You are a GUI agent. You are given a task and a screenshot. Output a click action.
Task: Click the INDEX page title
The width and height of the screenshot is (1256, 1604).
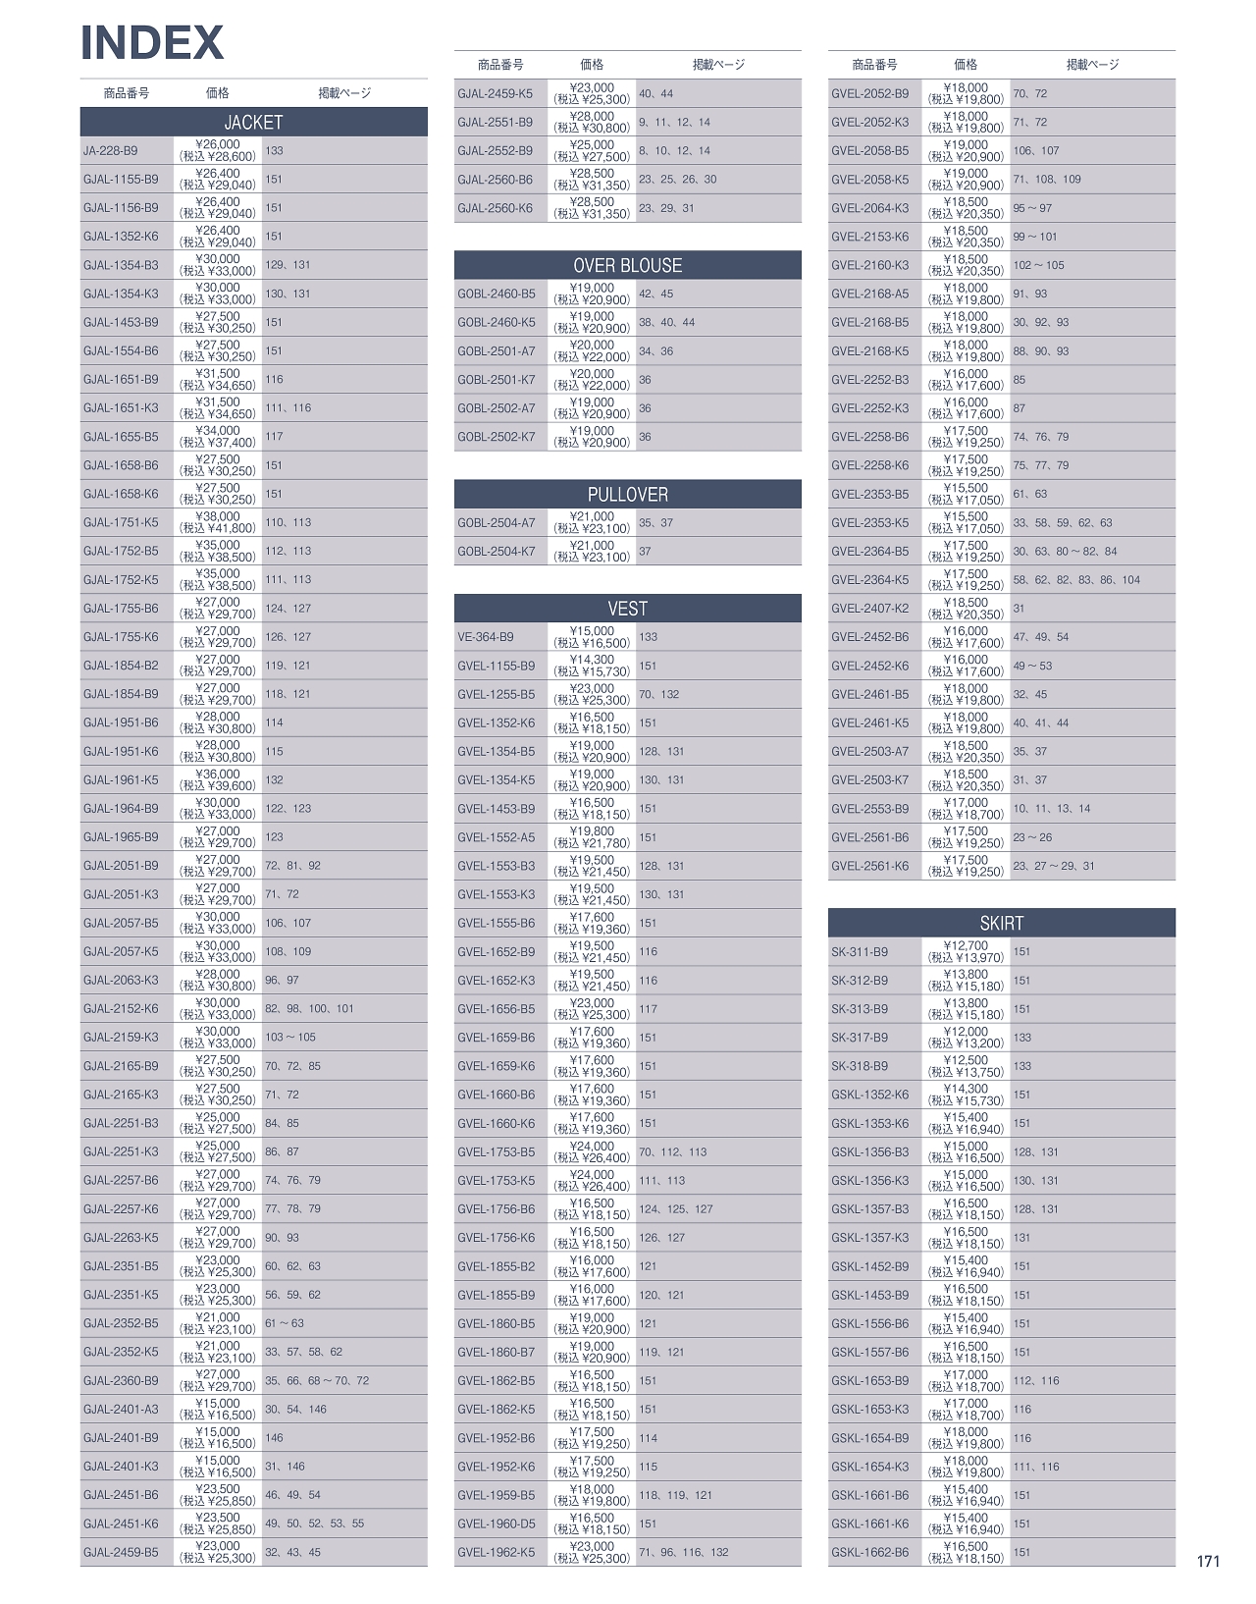pos(152,42)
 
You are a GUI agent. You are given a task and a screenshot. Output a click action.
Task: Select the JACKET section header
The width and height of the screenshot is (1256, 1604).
pos(253,122)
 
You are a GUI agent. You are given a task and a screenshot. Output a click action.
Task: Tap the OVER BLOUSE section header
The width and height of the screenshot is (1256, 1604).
pos(627,265)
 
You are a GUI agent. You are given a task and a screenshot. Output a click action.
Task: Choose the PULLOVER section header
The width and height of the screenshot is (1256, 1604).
pos(627,494)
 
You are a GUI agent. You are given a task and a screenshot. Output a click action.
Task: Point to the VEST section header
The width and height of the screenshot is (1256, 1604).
pos(627,609)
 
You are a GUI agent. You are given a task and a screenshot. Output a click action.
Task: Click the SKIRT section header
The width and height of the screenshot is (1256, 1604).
pos(1001,923)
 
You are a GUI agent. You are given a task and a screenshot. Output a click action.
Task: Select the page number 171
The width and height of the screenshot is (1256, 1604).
pos(1208,1561)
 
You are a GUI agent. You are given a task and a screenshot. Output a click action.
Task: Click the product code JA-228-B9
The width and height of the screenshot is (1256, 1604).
pos(111,151)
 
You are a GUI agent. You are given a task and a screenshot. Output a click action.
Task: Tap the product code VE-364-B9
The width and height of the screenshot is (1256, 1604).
pos(485,637)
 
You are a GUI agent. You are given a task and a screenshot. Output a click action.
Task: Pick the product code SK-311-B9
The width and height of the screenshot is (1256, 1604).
pos(860,952)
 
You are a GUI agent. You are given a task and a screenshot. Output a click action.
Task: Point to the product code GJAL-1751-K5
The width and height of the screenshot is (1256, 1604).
pos(121,522)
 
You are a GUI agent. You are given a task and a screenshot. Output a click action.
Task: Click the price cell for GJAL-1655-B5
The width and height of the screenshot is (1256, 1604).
pos(218,437)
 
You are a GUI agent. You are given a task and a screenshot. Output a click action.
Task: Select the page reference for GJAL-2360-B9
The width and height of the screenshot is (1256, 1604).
pos(317,1380)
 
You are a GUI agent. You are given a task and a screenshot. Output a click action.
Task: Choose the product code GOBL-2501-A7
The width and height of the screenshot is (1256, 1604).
pos(497,351)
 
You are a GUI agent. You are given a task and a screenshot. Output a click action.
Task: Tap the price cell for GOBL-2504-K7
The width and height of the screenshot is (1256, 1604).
pos(592,552)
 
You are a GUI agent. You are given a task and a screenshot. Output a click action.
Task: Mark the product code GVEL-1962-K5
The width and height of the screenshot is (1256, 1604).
pos(497,1552)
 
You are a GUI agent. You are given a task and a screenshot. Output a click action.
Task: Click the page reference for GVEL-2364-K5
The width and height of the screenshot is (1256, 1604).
pos(1076,580)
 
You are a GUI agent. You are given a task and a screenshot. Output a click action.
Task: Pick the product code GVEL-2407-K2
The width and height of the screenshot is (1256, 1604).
pos(869,609)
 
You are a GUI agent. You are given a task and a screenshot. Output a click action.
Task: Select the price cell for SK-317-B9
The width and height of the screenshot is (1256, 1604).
pos(966,1038)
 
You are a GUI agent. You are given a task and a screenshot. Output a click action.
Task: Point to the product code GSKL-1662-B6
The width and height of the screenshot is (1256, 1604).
pos(870,1552)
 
